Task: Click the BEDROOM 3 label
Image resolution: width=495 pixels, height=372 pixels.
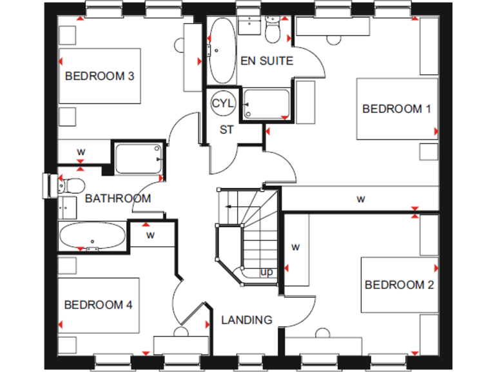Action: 99,76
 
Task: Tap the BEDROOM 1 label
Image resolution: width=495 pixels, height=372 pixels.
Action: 396,108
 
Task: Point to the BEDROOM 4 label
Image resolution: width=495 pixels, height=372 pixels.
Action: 98,305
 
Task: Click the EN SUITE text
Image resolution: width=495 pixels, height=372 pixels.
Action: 266,61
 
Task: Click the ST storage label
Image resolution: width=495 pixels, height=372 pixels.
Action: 226,130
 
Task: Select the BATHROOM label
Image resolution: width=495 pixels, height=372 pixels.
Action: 118,198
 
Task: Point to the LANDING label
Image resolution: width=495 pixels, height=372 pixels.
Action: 247,320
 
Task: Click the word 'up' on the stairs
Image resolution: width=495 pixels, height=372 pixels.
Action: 266,273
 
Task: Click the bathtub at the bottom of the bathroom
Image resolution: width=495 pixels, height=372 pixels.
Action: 93,236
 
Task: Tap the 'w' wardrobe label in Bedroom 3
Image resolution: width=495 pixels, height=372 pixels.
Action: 81,152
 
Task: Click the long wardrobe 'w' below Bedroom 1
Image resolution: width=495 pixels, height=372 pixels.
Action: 361,199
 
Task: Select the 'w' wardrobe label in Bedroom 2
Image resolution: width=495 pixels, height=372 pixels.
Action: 295,247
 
